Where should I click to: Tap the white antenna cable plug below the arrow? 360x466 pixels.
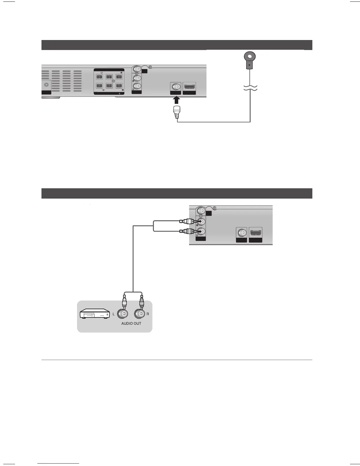pyautogui.click(x=177, y=112)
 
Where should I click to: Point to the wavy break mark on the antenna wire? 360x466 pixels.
pyautogui.click(x=250, y=87)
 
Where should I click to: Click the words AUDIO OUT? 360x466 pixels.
pyautogui.click(x=131, y=323)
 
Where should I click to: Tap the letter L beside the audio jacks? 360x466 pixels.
pyautogui.click(x=114, y=314)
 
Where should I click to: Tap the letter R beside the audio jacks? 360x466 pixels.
pyautogui.click(x=148, y=314)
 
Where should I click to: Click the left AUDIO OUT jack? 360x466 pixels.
pyautogui.click(x=124, y=314)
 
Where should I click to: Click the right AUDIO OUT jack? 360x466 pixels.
pyautogui.click(x=140, y=314)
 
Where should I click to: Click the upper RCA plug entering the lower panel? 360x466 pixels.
pyautogui.click(x=186, y=221)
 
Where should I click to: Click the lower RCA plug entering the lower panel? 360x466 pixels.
pyautogui.click(x=186, y=232)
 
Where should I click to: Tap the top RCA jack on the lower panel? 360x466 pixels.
pyautogui.click(x=201, y=211)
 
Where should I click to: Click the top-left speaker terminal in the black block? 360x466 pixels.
pyautogui.click(x=99, y=77)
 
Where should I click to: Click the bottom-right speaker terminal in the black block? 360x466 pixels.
pyautogui.click(x=119, y=86)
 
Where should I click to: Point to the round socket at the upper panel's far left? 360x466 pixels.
pyautogui.click(x=46, y=85)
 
